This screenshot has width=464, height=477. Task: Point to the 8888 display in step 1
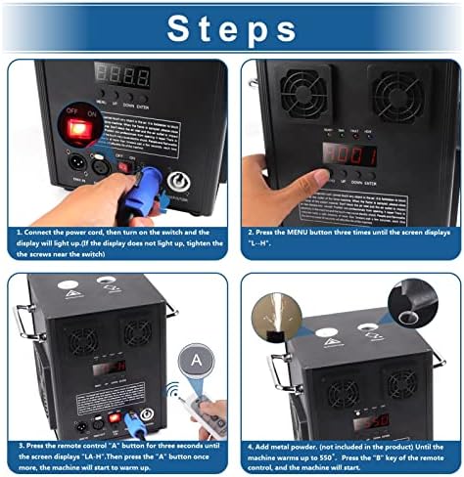[x=122, y=76]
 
